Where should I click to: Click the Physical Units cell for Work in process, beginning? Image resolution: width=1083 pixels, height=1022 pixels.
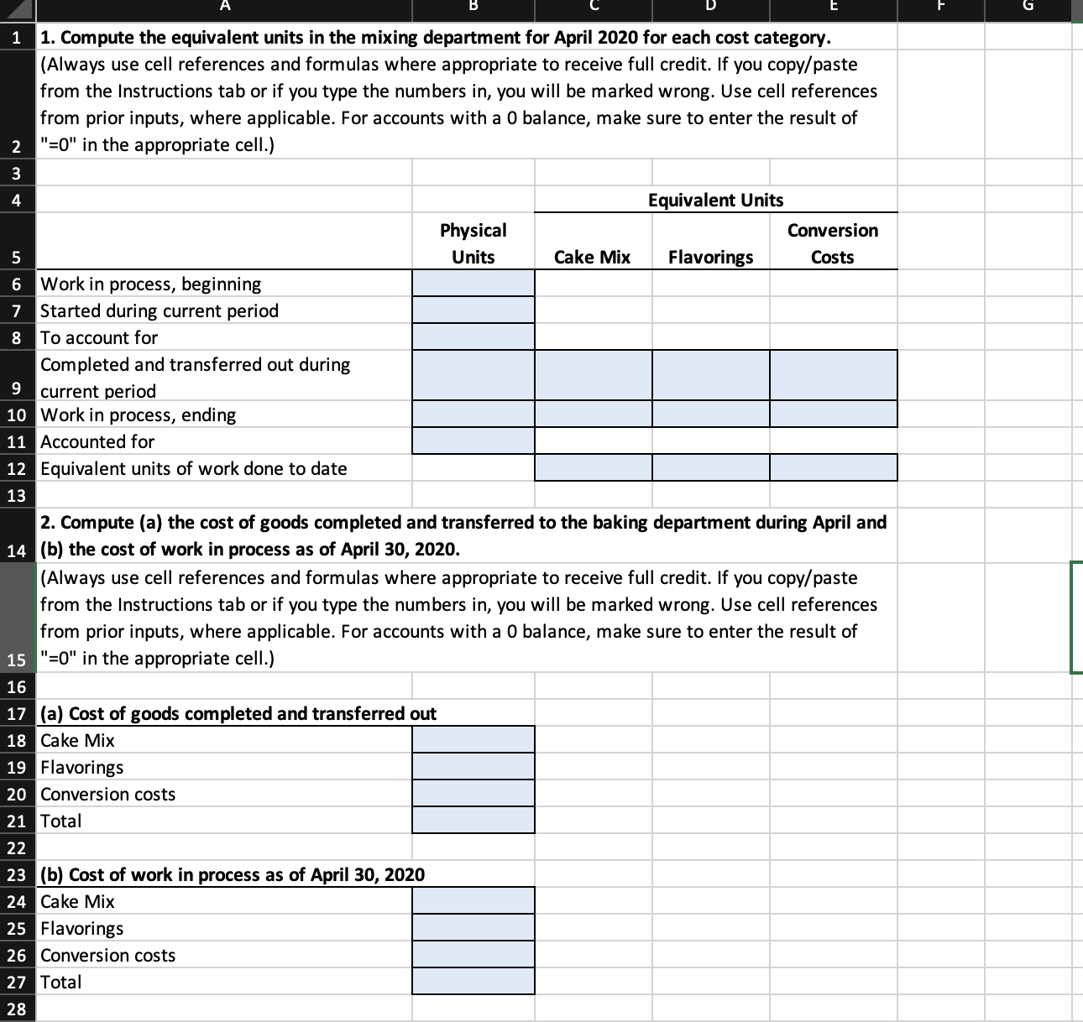(473, 284)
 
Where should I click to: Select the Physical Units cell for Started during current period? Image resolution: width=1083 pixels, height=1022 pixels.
(473, 310)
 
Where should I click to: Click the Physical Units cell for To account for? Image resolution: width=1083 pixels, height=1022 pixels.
(473, 337)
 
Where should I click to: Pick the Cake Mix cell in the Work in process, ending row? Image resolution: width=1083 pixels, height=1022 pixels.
(594, 415)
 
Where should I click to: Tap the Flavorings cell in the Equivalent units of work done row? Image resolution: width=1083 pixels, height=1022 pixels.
(711, 468)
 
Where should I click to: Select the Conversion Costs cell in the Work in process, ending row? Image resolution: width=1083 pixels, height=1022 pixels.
(833, 415)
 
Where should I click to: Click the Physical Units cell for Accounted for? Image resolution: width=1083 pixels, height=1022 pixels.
(473, 441)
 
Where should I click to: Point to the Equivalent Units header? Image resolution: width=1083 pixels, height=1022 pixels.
(715, 200)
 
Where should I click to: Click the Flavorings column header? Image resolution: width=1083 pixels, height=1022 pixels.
(710, 257)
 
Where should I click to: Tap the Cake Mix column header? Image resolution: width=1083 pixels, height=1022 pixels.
(592, 257)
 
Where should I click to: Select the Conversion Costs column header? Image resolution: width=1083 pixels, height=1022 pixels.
(832, 243)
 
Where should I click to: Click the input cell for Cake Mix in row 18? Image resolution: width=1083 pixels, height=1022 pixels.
(473, 740)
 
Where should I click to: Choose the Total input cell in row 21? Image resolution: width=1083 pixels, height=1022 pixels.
(473, 821)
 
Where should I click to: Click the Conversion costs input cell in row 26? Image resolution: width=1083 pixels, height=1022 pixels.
(473, 955)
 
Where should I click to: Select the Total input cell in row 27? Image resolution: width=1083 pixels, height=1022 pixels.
(473, 982)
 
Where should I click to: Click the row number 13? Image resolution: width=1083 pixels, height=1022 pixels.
(16, 495)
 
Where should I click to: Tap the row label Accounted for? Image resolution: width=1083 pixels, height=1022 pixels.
(97, 441)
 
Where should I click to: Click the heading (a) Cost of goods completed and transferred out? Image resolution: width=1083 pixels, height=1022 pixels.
(238, 713)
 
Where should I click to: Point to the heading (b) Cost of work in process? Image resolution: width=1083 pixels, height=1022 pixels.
(233, 874)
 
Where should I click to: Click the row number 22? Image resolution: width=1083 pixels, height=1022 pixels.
(16, 847)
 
